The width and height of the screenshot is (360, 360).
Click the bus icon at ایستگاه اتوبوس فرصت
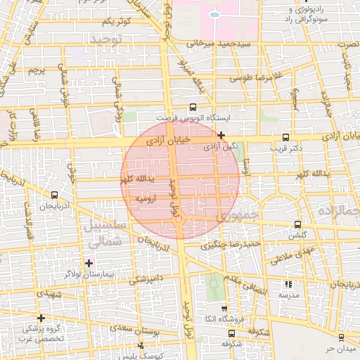tap(193, 108)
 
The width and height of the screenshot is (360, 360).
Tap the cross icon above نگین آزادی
tap(221, 135)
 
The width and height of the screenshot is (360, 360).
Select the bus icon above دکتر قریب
tap(285, 138)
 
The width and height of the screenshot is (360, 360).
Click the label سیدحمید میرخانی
tap(219, 44)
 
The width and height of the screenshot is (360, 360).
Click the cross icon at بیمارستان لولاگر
tap(89, 262)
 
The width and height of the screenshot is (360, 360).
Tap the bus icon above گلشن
tap(298, 225)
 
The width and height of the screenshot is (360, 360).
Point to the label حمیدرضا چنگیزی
tap(231, 245)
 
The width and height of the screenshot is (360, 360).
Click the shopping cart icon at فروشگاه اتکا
tap(224, 308)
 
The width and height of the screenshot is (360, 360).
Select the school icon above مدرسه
tap(288, 284)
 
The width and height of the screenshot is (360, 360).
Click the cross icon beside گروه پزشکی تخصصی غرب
tap(41, 318)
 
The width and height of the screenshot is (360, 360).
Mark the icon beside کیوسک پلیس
tap(141, 345)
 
